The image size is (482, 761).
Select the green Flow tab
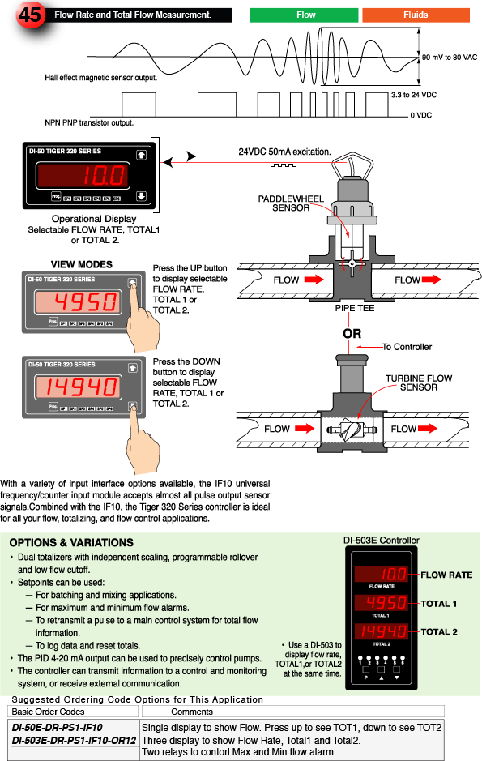coord(305,15)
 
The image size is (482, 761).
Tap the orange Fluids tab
coord(416,15)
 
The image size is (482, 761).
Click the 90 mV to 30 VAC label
coord(450,58)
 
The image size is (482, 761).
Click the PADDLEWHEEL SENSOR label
coord(284,203)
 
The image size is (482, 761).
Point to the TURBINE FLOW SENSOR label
coord(418,383)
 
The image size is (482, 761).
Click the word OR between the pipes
coord(352,334)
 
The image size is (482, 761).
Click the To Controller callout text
coord(407,347)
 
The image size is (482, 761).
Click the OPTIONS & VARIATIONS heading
coord(70,542)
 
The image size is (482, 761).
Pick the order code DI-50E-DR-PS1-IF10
coord(58,727)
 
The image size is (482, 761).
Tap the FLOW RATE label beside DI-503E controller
coord(446,575)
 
